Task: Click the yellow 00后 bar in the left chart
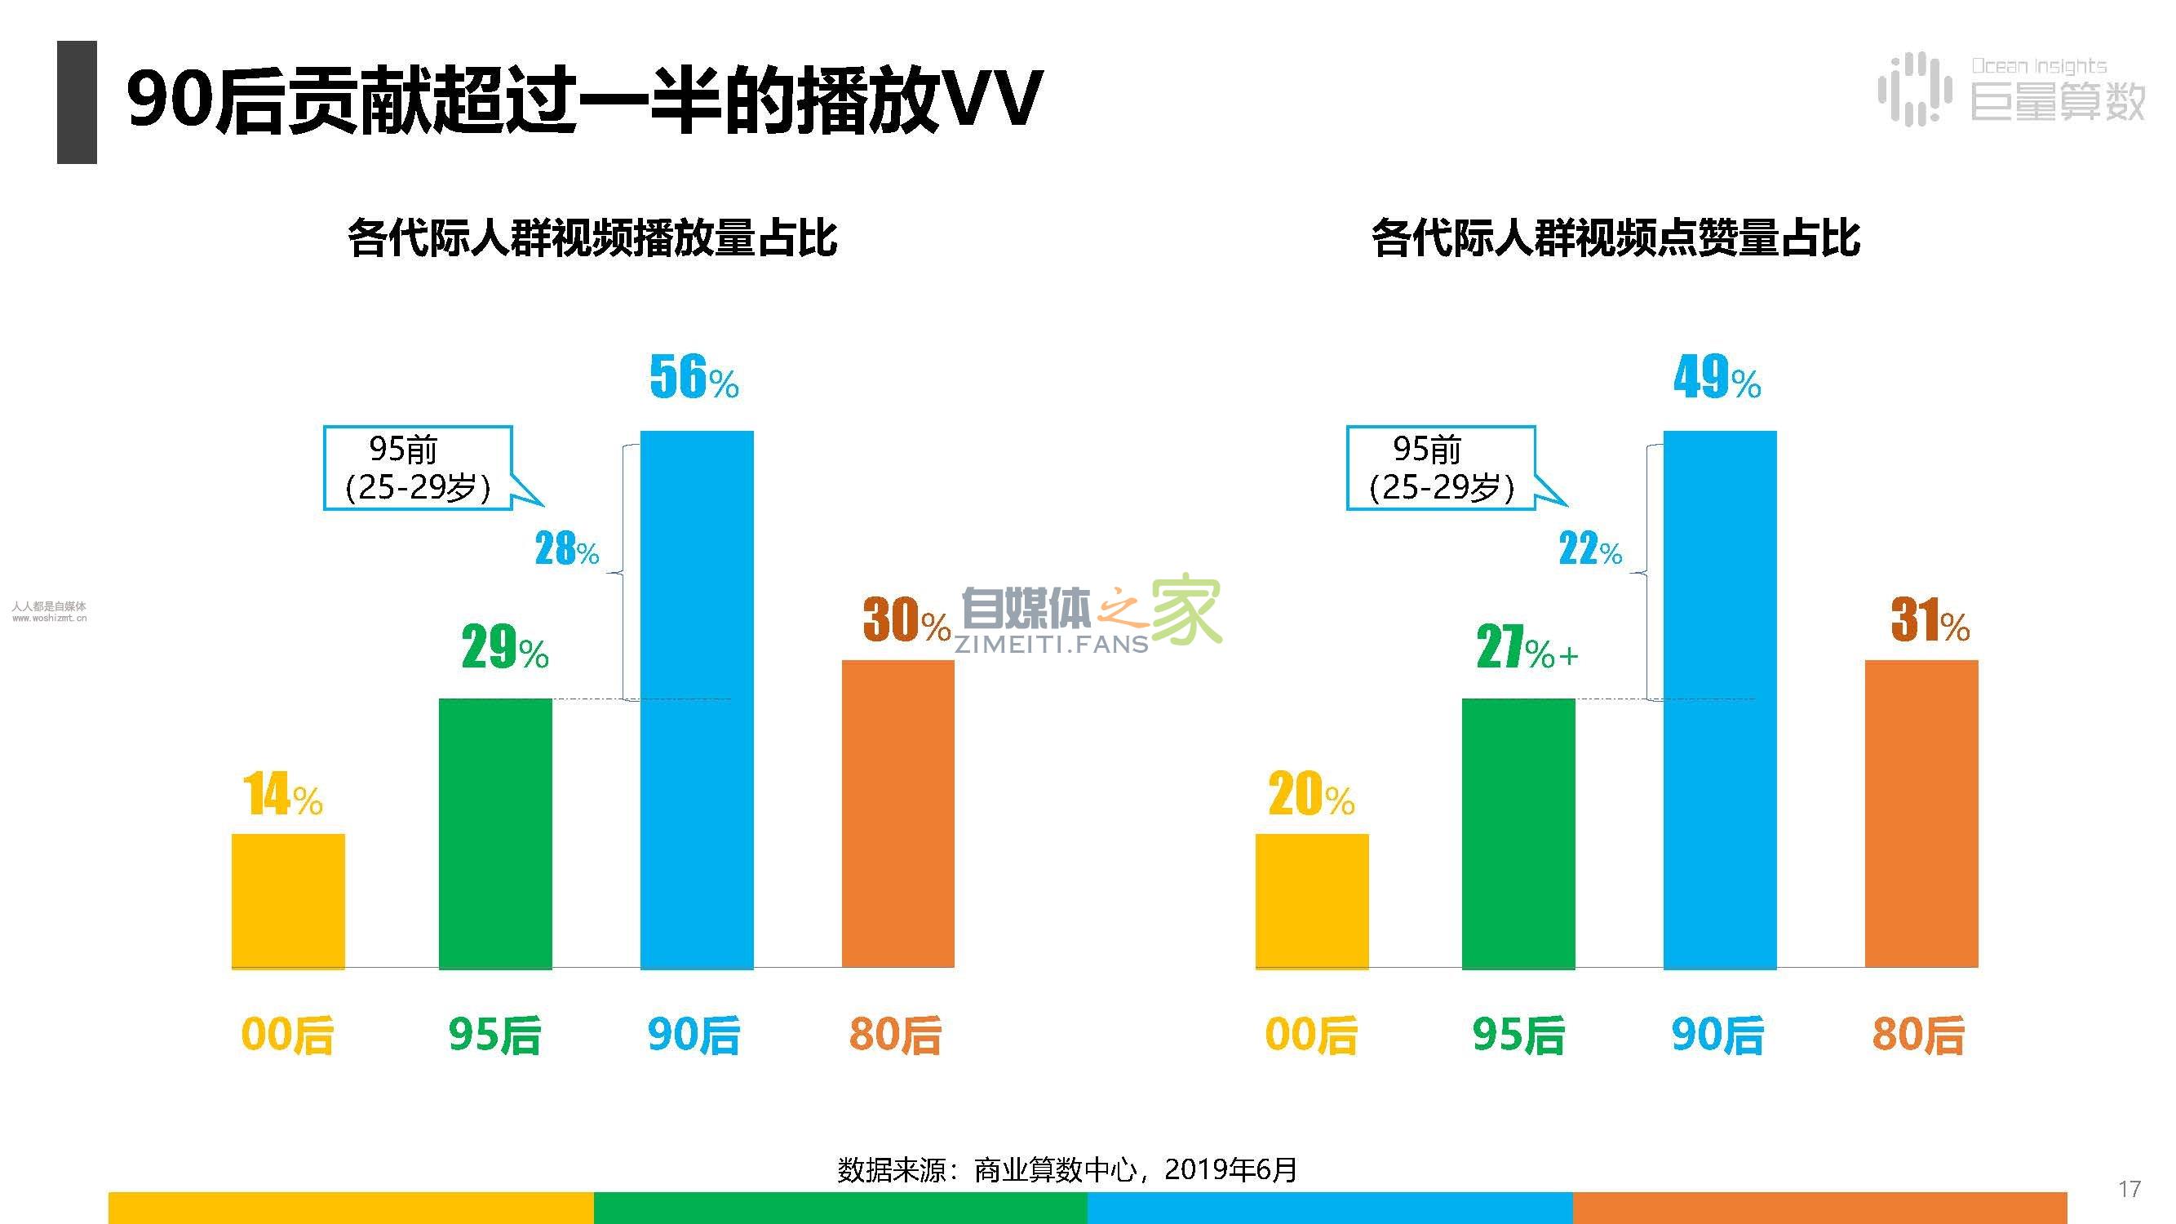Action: [x=288, y=901]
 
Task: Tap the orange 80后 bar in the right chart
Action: [x=1921, y=814]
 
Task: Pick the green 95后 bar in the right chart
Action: [x=1518, y=833]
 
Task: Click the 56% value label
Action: [x=694, y=378]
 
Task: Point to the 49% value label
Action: [x=1717, y=378]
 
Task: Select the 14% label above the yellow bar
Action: [x=283, y=795]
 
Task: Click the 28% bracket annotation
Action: [x=567, y=549]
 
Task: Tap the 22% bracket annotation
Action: [x=1589, y=549]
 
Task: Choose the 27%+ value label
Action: [x=1526, y=648]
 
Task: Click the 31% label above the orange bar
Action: [x=1930, y=621]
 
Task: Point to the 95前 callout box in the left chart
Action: [x=418, y=468]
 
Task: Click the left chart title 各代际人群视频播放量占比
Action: [x=592, y=237]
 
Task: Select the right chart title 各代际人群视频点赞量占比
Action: [x=1615, y=237]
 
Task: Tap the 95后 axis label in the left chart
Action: [x=495, y=1035]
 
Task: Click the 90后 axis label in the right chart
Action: [x=1717, y=1035]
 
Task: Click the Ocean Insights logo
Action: [x=2010, y=90]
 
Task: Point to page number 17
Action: [x=2129, y=1190]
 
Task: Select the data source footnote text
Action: [x=1067, y=1170]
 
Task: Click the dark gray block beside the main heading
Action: [x=77, y=102]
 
